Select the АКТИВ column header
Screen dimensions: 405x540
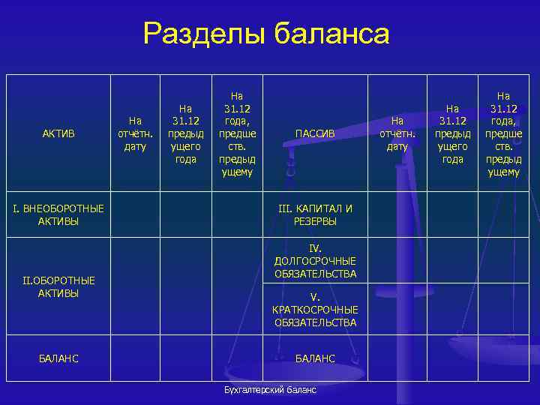point(58,133)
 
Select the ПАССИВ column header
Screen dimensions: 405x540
point(315,133)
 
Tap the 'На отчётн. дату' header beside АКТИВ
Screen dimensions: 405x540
point(135,133)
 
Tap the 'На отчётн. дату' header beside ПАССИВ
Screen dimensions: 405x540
point(397,133)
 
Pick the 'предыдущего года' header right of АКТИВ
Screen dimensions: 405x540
point(185,133)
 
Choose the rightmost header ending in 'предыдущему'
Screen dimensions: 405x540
point(503,133)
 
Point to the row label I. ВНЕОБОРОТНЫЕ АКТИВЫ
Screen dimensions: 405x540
point(58,214)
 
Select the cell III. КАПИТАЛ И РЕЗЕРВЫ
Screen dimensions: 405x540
point(315,214)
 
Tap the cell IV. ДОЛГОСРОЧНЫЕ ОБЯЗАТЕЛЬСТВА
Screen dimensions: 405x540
point(315,261)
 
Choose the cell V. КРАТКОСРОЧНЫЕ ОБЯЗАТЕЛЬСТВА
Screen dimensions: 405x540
point(315,310)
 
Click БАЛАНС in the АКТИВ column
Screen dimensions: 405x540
point(58,358)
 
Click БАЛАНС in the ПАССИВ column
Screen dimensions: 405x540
point(315,358)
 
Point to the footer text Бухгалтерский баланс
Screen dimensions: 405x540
point(270,390)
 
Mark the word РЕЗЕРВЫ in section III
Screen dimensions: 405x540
point(315,221)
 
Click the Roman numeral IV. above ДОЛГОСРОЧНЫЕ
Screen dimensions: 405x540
point(315,247)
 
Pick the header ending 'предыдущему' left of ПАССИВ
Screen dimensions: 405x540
point(237,133)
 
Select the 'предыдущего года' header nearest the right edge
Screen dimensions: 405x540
point(452,133)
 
